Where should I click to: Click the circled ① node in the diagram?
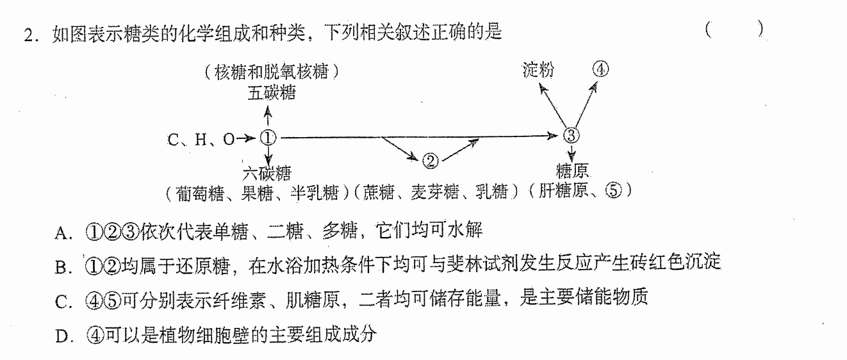(x=268, y=138)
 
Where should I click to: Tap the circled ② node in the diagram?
(x=430, y=161)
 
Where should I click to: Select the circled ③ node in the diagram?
(x=571, y=135)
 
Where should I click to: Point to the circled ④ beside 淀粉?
(x=600, y=69)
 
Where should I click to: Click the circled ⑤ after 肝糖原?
(x=613, y=190)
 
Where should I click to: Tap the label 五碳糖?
(x=272, y=93)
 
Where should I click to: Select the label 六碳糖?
(x=267, y=174)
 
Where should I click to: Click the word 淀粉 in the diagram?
(x=538, y=70)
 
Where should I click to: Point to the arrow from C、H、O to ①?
(x=247, y=138)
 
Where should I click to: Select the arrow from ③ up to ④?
(x=586, y=105)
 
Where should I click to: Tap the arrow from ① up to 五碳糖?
(x=268, y=116)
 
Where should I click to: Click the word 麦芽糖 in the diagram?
(x=435, y=192)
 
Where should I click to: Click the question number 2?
(x=29, y=35)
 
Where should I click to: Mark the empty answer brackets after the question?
(x=734, y=29)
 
